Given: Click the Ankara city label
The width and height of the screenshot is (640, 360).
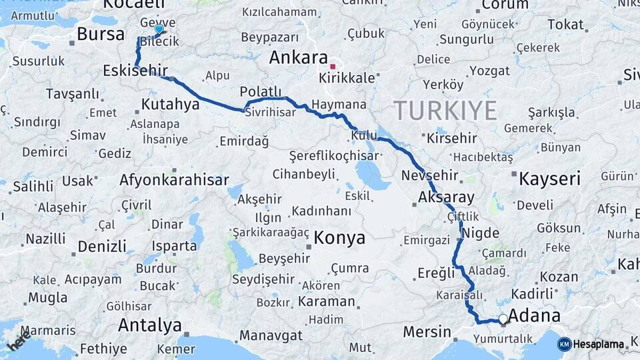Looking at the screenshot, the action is [298, 57].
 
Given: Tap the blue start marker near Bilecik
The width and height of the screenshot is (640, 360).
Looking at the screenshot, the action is [159, 29].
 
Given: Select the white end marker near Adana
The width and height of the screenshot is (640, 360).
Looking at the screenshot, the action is [503, 319].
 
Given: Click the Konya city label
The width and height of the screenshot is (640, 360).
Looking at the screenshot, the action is [339, 237].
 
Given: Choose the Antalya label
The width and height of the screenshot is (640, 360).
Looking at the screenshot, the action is [150, 325].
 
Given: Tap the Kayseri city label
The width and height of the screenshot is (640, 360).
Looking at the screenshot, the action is [550, 179].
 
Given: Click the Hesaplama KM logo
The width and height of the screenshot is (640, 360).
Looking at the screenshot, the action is [593, 344].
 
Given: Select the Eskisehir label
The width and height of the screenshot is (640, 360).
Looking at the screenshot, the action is [135, 71].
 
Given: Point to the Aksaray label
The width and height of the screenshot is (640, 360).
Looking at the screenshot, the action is [446, 197].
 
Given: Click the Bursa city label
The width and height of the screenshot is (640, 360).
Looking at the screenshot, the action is [101, 34].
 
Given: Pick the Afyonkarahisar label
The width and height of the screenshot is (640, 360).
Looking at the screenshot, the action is [174, 180].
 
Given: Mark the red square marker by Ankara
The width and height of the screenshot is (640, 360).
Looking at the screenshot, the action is [333, 67].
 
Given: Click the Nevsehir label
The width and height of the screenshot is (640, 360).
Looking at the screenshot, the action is [431, 176].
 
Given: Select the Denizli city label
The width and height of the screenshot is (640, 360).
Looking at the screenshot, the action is [102, 246].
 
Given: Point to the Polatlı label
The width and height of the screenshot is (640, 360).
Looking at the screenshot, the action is [261, 92].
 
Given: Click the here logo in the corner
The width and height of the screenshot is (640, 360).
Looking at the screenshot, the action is [18, 343].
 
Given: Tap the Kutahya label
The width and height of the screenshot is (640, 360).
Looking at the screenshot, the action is [170, 104].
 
